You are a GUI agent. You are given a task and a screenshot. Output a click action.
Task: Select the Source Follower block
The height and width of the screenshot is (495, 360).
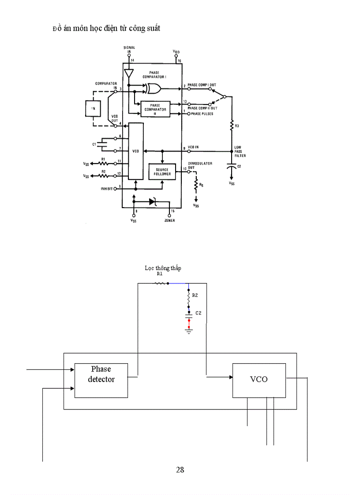pyautogui.click(x=162, y=172)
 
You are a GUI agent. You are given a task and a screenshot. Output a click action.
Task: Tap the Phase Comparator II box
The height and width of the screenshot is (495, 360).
pyautogui.click(x=155, y=108)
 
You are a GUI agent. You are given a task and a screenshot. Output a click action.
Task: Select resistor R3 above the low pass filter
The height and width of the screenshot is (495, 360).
pyautogui.click(x=231, y=127)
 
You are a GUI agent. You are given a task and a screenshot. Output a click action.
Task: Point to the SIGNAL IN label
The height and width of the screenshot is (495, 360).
pyautogui.click(x=129, y=49)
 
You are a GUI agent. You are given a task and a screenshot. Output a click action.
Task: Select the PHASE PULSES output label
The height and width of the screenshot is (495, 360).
pyautogui.click(x=201, y=114)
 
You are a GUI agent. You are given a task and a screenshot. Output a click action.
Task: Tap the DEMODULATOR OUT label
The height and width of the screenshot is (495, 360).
pyautogui.click(x=200, y=165)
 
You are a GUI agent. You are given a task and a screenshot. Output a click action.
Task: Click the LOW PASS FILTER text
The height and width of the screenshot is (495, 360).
pyautogui.click(x=240, y=152)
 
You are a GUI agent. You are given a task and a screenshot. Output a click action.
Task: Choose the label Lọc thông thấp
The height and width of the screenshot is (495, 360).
pyautogui.click(x=163, y=268)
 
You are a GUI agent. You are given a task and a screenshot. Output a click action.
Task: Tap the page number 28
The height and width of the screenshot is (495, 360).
pyautogui.click(x=180, y=469)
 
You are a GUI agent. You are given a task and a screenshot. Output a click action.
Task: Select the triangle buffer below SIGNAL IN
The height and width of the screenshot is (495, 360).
pyautogui.click(x=129, y=73)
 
